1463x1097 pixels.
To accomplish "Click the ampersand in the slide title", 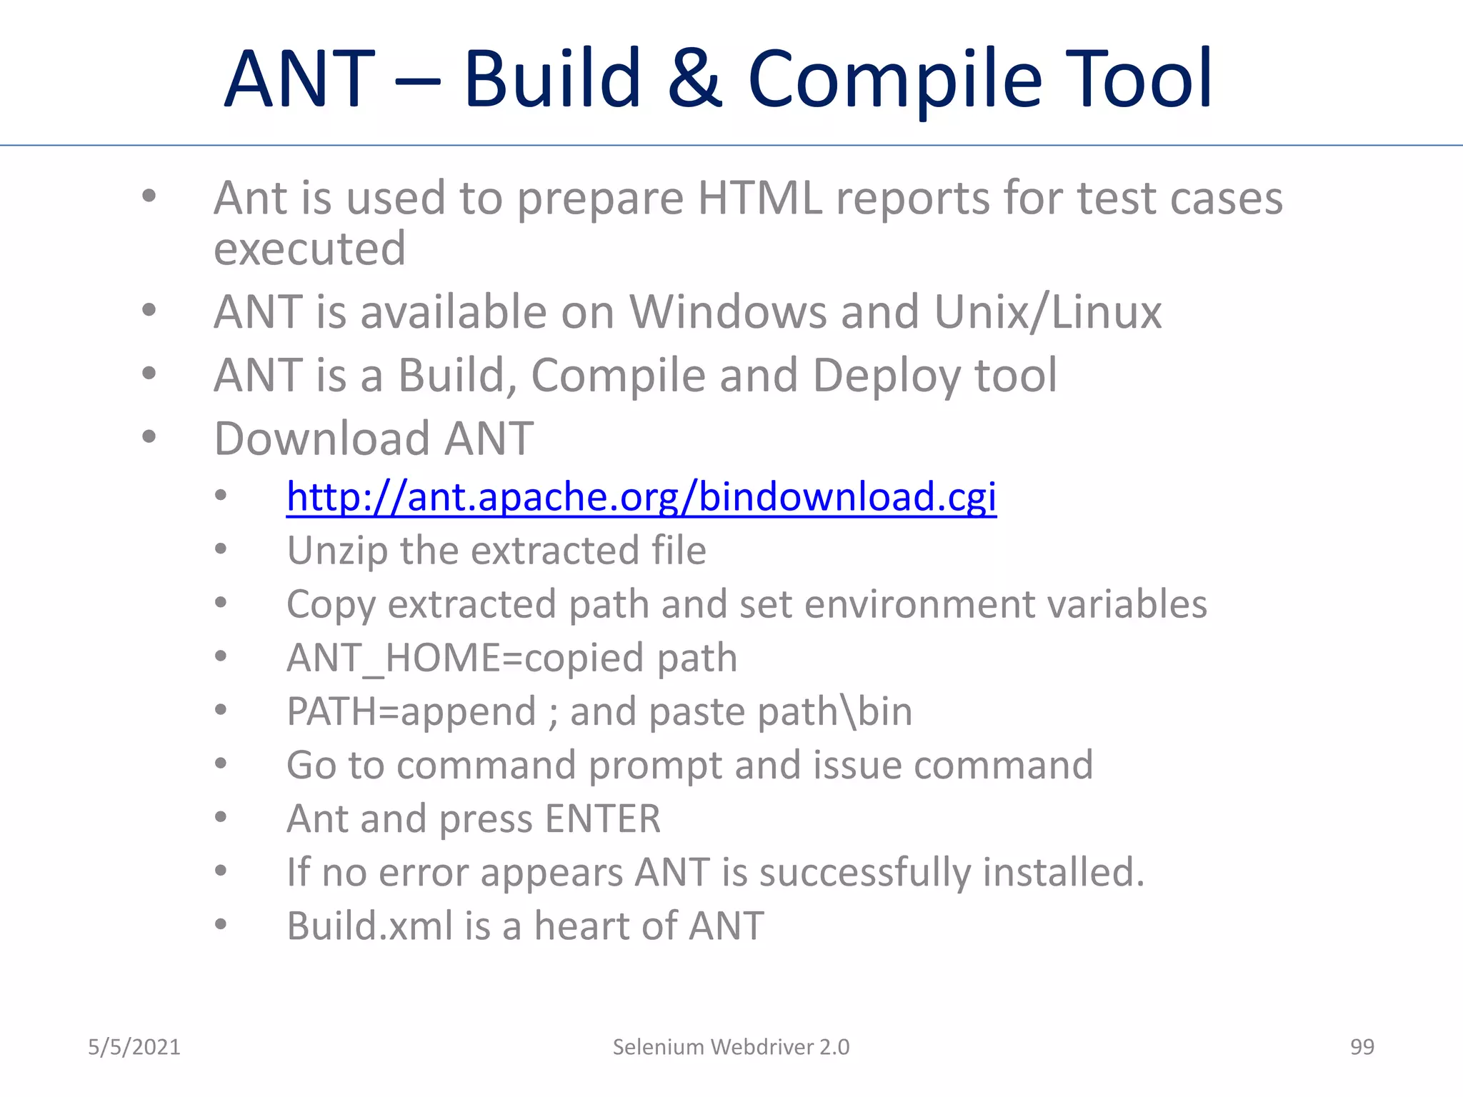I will [x=694, y=79].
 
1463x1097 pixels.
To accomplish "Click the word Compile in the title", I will [x=894, y=80].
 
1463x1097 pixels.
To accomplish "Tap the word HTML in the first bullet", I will [x=759, y=198].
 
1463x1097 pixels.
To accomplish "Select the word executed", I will [x=309, y=249].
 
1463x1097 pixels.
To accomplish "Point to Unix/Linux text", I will [x=1047, y=312].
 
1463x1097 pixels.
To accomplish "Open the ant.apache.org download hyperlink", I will [x=641, y=496].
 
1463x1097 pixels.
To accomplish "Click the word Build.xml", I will [x=369, y=926].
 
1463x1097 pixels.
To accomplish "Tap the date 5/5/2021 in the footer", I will [x=134, y=1047].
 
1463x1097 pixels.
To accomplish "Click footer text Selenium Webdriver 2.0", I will [x=731, y=1047].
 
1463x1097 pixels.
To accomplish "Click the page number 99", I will [x=1362, y=1047].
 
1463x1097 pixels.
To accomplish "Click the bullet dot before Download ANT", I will [x=149, y=436].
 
